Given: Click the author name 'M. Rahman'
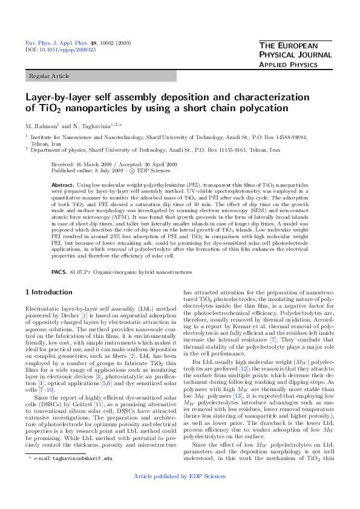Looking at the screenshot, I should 40,125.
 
